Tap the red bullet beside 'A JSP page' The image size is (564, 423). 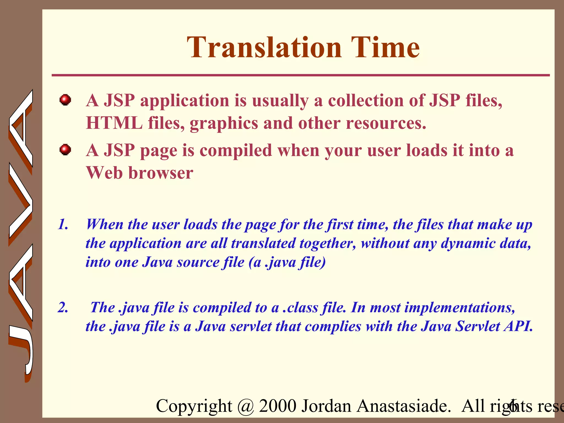pos(65,150)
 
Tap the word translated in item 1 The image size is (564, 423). pos(263,243)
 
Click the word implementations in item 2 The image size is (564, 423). pos(459,308)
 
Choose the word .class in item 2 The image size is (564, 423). pos(300,308)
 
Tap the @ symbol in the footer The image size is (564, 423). pos(245,406)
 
